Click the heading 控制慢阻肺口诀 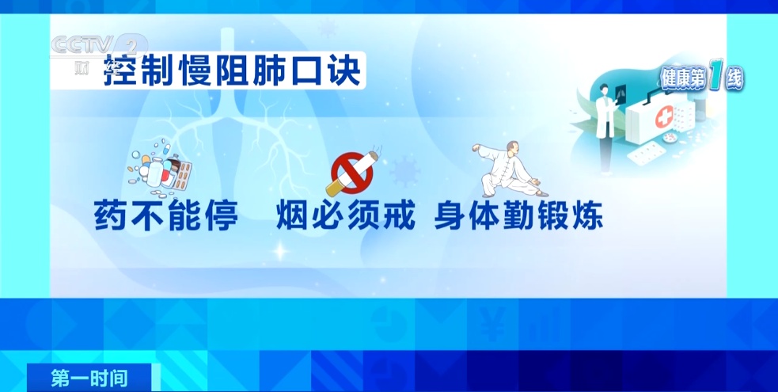coord(233,73)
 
